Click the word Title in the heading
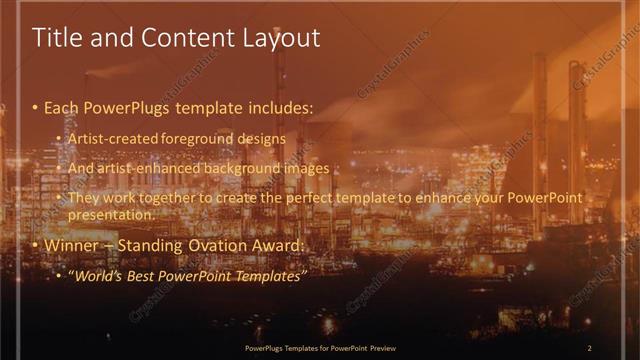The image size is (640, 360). tap(54, 38)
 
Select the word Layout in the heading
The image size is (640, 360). tap(282, 39)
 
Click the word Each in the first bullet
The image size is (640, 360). tap(62, 105)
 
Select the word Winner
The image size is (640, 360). tap(71, 245)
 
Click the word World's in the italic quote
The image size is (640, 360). tap(98, 275)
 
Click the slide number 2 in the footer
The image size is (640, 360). tap(589, 348)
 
